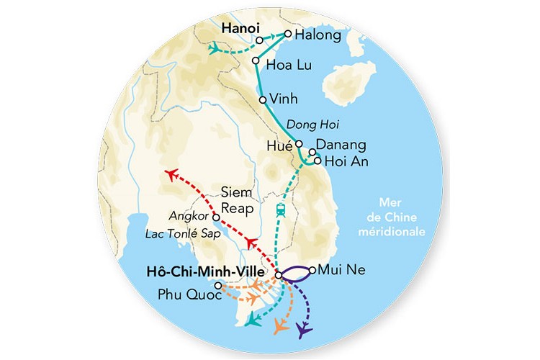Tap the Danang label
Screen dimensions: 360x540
click(x=342, y=145)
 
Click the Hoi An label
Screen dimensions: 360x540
click(x=346, y=161)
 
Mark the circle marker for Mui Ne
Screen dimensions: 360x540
click(x=311, y=271)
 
